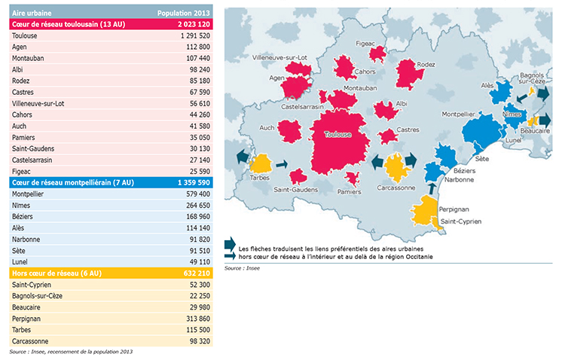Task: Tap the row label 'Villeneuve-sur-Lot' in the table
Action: click(38, 103)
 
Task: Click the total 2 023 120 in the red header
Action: click(190, 24)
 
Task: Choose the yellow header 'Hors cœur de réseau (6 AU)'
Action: click(53, 273)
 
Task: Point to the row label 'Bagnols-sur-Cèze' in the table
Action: click(38, 296)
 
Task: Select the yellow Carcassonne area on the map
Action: click(396, 165)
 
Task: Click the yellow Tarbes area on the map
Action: click(261, 163)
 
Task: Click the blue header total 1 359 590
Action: click(190, 183)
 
